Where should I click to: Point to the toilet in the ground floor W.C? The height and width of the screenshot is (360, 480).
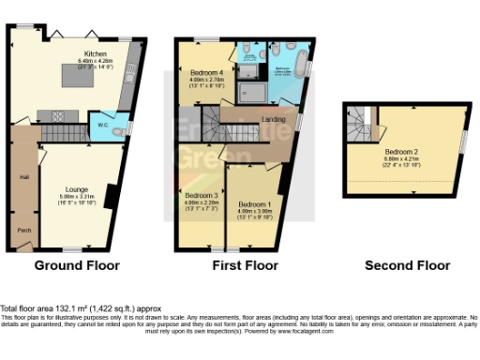(117, 133)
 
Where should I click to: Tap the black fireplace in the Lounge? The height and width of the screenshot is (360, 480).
(112, 194)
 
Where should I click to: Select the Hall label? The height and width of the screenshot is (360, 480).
(22, 175)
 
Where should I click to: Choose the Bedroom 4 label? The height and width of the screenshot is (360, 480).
(207, 72)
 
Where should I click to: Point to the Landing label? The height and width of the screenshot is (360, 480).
(275, 119)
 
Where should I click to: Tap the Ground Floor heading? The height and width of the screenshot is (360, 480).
(77, 265)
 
